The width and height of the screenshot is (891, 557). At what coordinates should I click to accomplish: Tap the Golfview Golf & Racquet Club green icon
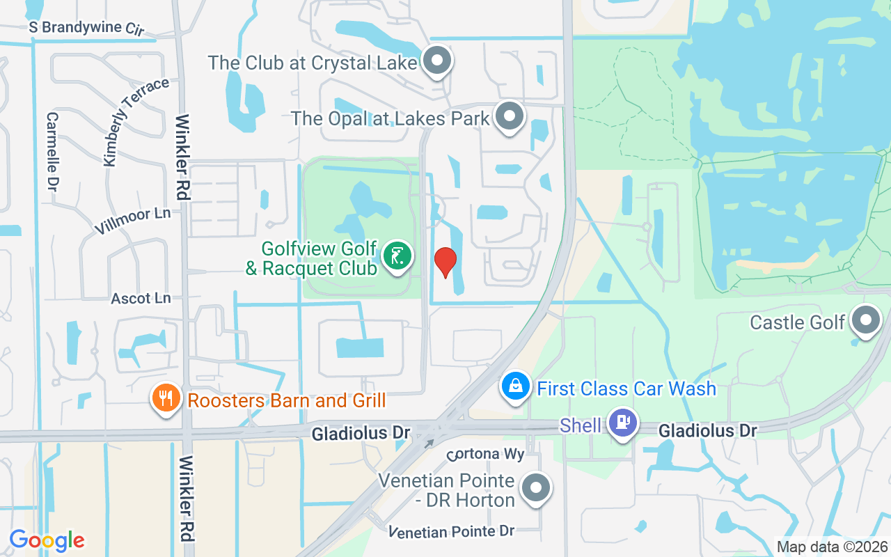pos(397,257)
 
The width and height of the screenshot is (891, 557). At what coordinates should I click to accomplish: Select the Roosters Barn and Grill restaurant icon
pos(166,398)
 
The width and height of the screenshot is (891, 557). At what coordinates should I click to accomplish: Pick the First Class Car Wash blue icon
pos(516,386)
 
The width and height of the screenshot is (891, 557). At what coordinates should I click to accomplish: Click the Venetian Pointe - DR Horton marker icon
pos(536,487)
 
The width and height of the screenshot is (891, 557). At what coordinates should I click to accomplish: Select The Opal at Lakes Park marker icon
pos(510,116)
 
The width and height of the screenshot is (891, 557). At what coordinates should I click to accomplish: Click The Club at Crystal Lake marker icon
pos(436,61)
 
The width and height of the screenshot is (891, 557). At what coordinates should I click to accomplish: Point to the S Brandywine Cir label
pos(86,29)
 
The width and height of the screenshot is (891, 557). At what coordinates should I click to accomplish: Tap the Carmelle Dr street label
pos(52,151)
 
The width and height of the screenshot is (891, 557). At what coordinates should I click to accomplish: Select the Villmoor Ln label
pos(132,221)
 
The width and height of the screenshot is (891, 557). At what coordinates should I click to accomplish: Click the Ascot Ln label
pos(141,298)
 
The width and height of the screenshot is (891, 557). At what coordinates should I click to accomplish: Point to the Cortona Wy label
pos(485,454)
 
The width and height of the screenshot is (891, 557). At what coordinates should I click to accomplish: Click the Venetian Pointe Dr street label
pos(451,531)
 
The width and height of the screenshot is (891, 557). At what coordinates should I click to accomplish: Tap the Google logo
pos(47,540)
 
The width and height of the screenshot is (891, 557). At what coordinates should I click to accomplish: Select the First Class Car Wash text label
pos(626,388)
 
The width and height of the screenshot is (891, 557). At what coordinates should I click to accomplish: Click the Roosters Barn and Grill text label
pos(287,400)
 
